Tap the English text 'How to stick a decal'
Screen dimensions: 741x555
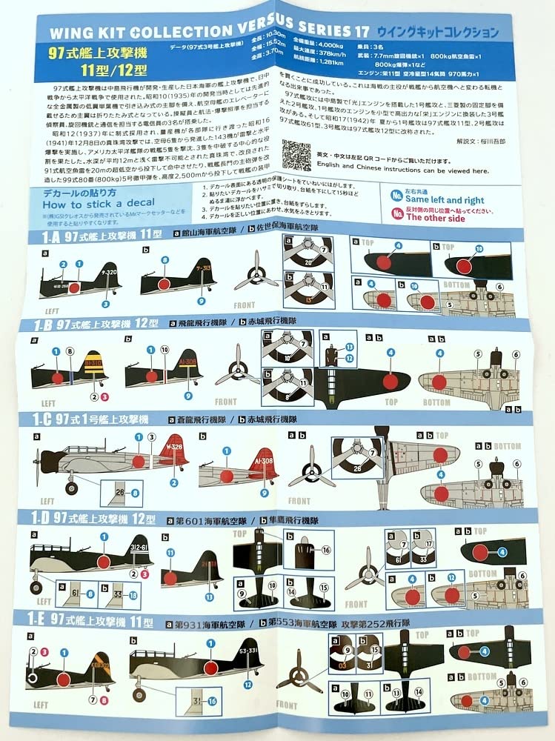(99, 202)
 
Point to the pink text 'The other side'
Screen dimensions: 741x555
(436, 218)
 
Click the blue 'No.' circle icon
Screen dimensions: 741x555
(397, 196)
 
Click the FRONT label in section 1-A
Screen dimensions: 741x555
(244, 305)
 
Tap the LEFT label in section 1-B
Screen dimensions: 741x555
(48, 403)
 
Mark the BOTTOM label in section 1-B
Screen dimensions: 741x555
(436, 402)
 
